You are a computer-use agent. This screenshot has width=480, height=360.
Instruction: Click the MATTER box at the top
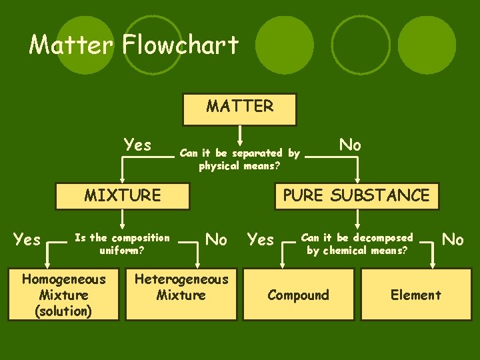tap(239, 109)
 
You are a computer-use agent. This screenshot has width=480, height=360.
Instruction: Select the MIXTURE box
tap(123, 195)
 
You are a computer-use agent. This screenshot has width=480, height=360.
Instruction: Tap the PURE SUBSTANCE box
tap(357, 195)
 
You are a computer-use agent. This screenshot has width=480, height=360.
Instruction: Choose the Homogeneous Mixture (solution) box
tap(64, 295)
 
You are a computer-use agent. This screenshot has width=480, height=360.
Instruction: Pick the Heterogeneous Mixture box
tap(181, 293)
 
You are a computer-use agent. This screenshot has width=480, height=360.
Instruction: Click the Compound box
tap(298, 295)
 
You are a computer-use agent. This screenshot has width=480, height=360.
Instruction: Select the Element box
tap(416, 295)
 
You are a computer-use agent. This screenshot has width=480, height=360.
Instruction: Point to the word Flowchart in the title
tap(181, 45)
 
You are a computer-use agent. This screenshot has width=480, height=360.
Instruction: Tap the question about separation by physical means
tap(239, 159)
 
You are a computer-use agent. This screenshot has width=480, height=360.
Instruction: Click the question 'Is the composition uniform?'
tap(122, 244)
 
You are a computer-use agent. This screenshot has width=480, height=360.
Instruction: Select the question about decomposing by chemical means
tap(357, 244)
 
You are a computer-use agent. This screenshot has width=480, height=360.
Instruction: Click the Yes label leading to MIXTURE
tap(138, 145)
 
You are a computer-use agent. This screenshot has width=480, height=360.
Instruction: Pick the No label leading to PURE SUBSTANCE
tap(351, 145)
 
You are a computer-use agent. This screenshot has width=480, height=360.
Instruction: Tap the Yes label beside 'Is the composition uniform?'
tap(27, 239)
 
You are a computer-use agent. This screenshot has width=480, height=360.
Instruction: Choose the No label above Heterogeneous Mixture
tap(217, 239)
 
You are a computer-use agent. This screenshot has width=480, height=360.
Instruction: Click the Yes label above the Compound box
tap(261, 239)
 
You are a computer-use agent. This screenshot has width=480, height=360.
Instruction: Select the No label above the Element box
tap(453, 239)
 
